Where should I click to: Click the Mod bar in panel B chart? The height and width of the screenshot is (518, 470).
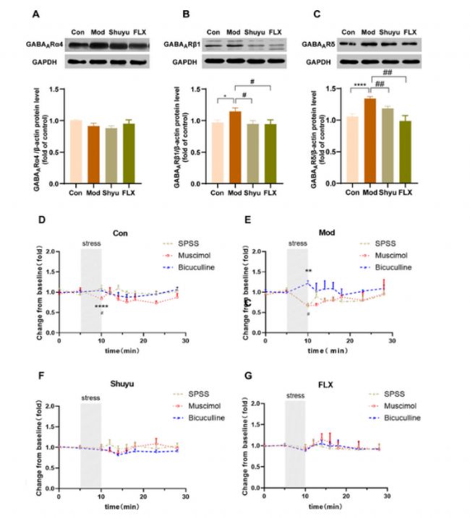click(x=234, y=147)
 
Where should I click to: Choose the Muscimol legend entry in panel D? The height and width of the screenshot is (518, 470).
click(x=187, y=255)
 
